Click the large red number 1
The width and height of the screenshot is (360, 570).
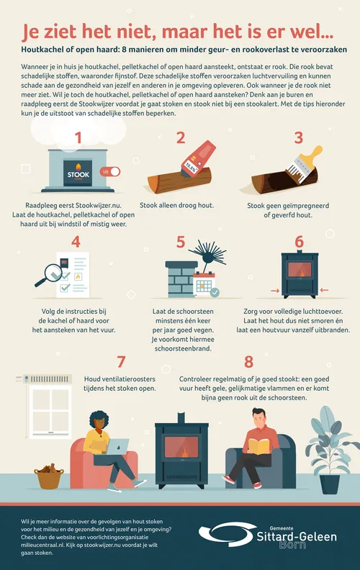pyautogui.click(x=78, y=137)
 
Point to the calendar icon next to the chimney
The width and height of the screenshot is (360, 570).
pyautogui.click(x=204, y=284)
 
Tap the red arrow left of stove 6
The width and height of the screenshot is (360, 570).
pyautogui.click(x=275, y=291)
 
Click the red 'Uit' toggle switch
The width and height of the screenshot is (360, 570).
pyautogui.click(x=110, y=171)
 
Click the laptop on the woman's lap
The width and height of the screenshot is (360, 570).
pyautogui.click(x=117, y=446)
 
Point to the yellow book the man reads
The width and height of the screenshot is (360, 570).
pyautogui.click(x=259, y=446)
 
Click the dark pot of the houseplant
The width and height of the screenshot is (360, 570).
pyautogui.click(x=330, y=484)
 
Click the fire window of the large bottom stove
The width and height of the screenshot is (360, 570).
pyautogui.click(x=181, y=447)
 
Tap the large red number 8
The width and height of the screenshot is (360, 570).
pyautogui.click(x=248, y=362)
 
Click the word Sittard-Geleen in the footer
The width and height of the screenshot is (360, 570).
pyautogui.click(x=297, y=537)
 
